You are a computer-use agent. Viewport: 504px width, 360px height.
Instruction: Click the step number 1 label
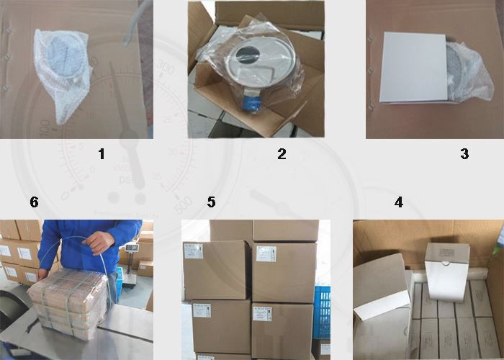pos(102,153)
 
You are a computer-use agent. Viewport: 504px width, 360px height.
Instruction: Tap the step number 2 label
pos(282,153)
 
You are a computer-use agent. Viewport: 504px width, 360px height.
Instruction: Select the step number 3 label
pos(464,153)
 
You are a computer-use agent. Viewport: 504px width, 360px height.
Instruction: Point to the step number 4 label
pos(398,202)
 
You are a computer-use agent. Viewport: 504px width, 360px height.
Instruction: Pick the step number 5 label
pos(211,202)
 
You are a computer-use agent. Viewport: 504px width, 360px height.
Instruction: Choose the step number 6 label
pos(34,202)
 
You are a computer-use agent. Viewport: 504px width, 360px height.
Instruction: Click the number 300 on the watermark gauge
pos(166,68)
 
